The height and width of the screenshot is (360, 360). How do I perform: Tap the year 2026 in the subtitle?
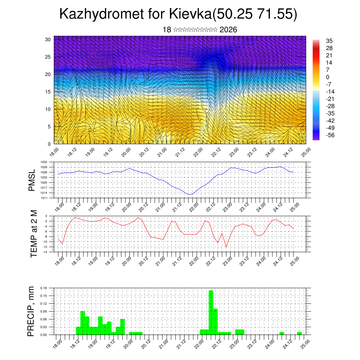click(228, 30)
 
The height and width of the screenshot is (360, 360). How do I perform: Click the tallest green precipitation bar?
click(211, 312)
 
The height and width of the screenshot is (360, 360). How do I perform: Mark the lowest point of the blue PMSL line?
click(189, 194)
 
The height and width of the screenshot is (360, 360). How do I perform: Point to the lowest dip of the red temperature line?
click(226, 247)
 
